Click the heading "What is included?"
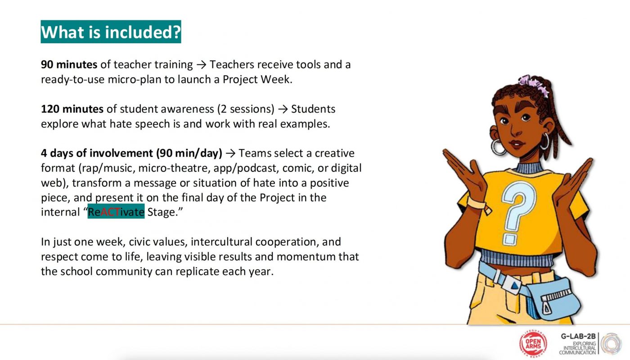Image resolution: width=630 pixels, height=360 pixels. (111, 32)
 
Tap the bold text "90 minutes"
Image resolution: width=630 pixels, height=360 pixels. (69, 65)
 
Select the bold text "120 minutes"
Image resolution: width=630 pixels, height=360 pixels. (72, 109)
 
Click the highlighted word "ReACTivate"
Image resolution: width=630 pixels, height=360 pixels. (116, 212)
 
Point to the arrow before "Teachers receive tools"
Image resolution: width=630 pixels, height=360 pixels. (202, 65)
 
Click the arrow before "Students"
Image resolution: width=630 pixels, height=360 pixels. (283, 109)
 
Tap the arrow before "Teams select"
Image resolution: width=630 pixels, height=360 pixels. (230, 153)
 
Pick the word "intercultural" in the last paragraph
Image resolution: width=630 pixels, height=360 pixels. (221, 242)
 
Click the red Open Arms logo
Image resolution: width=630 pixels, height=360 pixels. (533, 344)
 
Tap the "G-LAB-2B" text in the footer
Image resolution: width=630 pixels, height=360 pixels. (578, 337)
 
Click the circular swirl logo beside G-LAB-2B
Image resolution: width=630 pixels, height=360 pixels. (611, 344)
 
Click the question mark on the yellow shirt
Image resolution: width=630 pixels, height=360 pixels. (517, 211)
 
